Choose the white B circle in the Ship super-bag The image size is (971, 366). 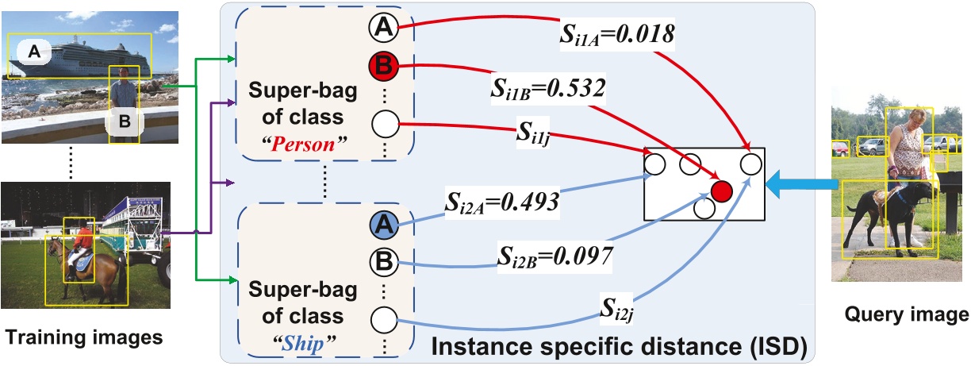pyautogui.click(x=384, y=263)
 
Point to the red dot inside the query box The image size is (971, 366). pyautogui.click(x=721, y=191)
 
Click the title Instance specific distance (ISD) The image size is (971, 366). pyautogui.click(x=623, y=346)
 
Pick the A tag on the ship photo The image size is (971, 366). pyautogui.click(x=33, y=52)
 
